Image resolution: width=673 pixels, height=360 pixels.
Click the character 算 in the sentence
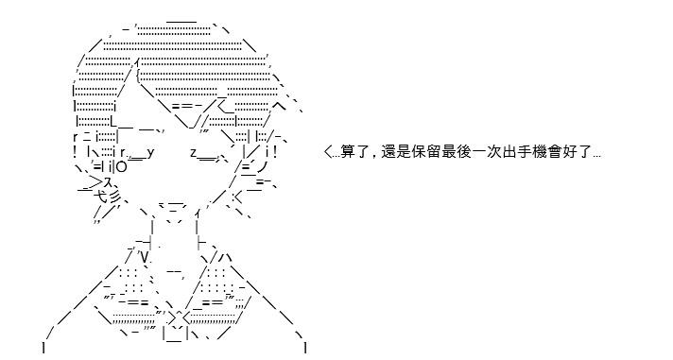pyautogui.click(x=348, y=152)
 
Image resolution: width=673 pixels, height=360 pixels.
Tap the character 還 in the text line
pyautogui.click(x=388, y=152)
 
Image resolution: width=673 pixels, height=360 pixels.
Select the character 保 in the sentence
pyautogui.click(x=418, y=152)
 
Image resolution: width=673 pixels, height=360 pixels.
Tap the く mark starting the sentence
pyautogui.click(x=328, y=152)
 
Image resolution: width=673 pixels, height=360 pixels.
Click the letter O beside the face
pyautogui.click(x=122, y=167)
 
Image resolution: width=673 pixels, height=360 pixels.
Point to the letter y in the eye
pyautogui.click(x=150, y=153)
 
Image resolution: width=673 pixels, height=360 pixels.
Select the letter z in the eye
pyautogui.click(x=194, y=153)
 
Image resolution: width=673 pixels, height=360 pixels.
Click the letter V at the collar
pyautogui.click(x=145, y=257)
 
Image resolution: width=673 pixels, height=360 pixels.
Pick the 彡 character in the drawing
pyautogui.click(x=114, y=197)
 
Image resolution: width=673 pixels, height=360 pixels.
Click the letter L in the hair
pyautogui.click(x=113, y=121)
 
